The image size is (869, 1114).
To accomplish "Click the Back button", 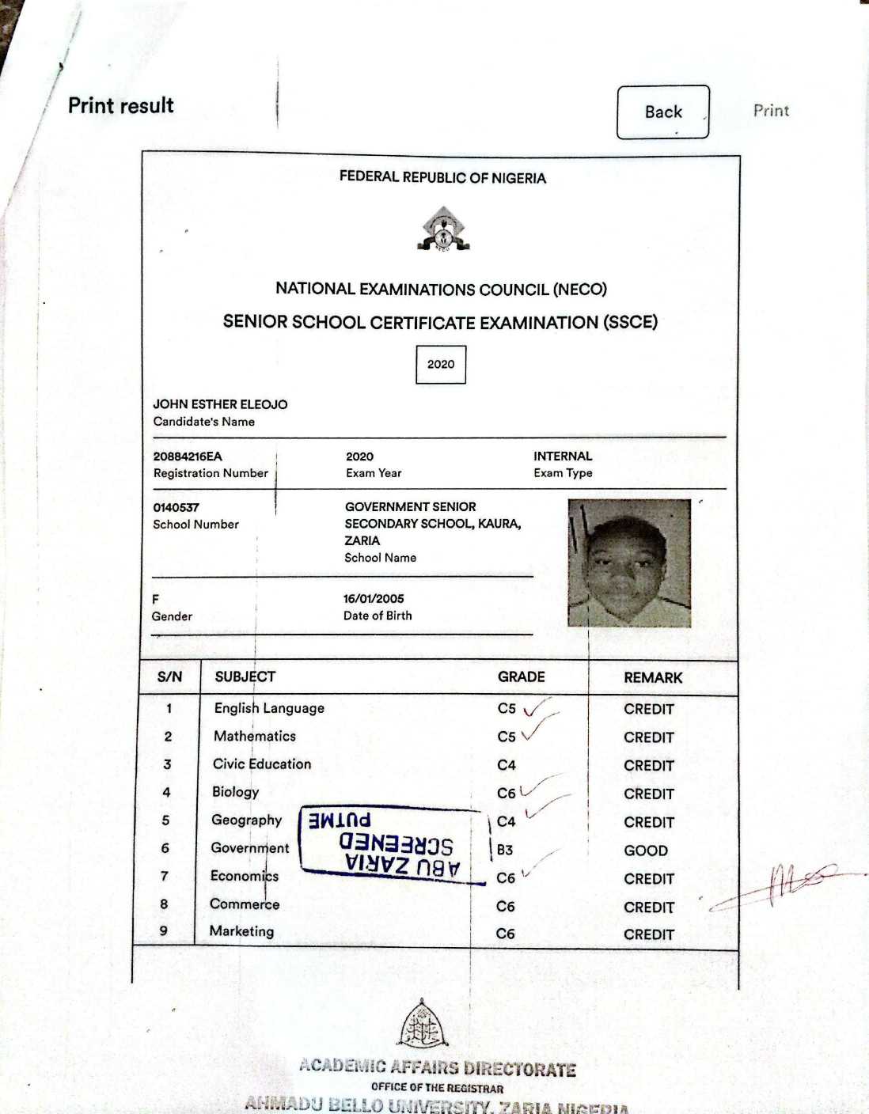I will [x=662, y=112].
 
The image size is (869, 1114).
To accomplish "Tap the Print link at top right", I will [x=771, y=111].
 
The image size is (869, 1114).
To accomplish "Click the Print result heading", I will [x=120, y=106].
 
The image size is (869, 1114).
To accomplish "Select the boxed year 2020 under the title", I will [x=441, y=365].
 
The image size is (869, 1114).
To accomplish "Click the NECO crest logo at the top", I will [x=443, y=230].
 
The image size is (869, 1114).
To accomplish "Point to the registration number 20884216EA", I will [x=188, y=457].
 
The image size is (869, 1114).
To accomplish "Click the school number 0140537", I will [x=176, y=507].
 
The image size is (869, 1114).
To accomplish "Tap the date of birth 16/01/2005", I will [x=374, y=599].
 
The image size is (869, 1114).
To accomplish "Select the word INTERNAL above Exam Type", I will [x=563, y=457].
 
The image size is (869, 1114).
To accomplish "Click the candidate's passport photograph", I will [x=629, y=563].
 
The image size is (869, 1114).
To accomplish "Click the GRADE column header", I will [x=521, y=677].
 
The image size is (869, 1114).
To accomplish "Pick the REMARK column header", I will [x=653, y=678].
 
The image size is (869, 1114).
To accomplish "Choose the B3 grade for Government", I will [x=505, y=851].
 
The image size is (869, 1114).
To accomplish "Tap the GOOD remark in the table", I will [x=646, y=851].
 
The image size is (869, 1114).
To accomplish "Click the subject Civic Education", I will [x=262, y=764].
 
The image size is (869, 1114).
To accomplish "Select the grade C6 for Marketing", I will [x=505, y=934].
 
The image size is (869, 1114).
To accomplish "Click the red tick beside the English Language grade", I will [x=538, y=706].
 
